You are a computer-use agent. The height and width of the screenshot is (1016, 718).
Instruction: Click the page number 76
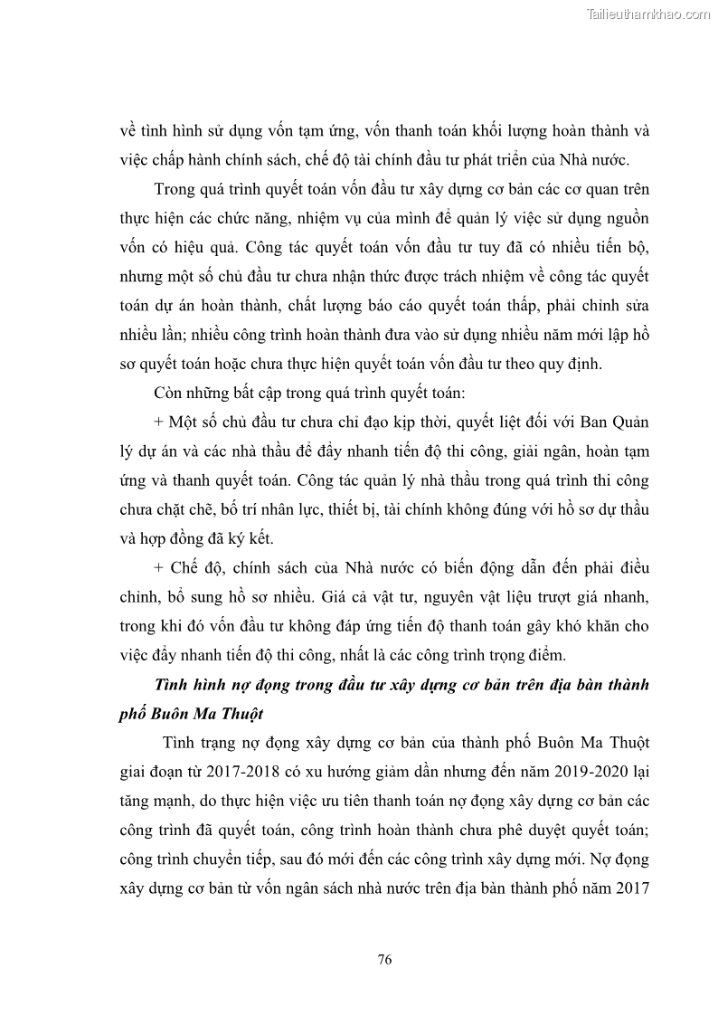click(x=384, y=960)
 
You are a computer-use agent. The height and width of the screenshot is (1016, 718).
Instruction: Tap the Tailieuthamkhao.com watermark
click(x=648, y=14)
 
